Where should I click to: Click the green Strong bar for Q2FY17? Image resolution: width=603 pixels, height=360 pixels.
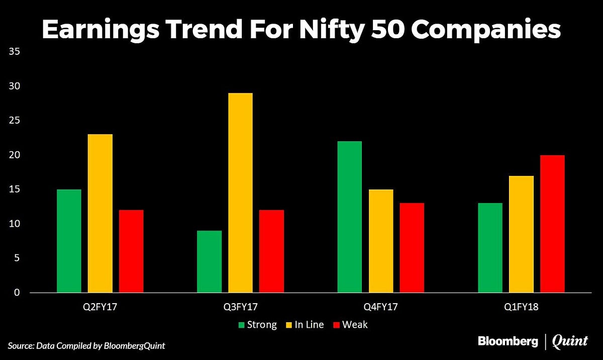(69, 241)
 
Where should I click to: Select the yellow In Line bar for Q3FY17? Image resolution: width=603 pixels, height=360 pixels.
(240, 193)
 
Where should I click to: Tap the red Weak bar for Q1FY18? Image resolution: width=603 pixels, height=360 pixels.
(552, 224)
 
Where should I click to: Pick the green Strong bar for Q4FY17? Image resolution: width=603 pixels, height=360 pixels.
(349, 217)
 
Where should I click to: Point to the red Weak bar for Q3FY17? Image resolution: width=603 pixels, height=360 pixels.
(271, 251)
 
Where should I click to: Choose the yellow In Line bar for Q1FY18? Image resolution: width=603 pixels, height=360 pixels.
(521, 234)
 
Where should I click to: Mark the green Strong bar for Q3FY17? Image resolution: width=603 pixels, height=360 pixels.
(209, 261)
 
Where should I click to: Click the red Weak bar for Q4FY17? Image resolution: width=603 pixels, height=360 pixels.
(412, 247)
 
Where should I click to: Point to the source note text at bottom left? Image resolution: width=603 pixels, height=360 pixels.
(86, 345)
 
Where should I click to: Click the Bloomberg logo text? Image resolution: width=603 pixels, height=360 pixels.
(508, 341)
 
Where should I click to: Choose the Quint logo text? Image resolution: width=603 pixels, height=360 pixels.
(570, 342)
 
